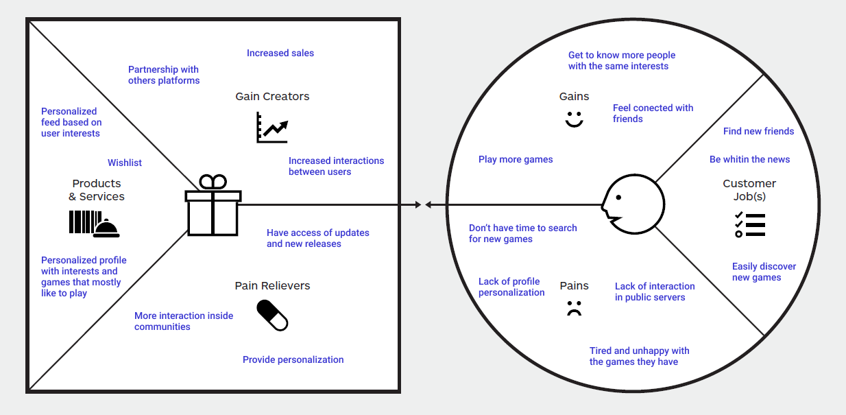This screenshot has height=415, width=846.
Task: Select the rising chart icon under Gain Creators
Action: click(x=272, y=128)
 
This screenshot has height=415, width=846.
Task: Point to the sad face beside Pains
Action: click(x=574, y=309)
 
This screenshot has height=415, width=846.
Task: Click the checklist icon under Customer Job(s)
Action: click(x=749, y=224)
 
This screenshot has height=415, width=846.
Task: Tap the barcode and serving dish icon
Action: click(x=95, y=224)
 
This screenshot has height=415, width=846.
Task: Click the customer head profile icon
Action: click(x=633, y=204)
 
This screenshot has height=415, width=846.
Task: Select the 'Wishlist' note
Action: click(x=125, y=163)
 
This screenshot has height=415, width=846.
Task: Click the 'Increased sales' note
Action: click(x=280, y=53)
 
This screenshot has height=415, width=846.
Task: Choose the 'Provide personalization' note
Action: click(x=293, y=359)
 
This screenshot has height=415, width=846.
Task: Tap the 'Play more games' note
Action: click(x=516, y=159)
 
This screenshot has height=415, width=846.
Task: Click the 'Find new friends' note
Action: click(x=758, y=131)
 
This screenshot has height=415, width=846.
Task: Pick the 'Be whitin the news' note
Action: click(x=749, y=159)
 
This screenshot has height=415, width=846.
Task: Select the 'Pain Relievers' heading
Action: click(x=272, y=285)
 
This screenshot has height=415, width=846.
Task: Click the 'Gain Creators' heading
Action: click(x=272, y=96)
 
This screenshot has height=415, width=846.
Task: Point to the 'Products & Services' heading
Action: click(x=96, y=190)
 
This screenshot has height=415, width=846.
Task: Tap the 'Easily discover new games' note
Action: click(x=764, y=272)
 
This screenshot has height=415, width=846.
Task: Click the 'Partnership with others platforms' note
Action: click(x=164, y=75)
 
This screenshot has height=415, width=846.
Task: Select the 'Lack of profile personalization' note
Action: click(x=511, y=287)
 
